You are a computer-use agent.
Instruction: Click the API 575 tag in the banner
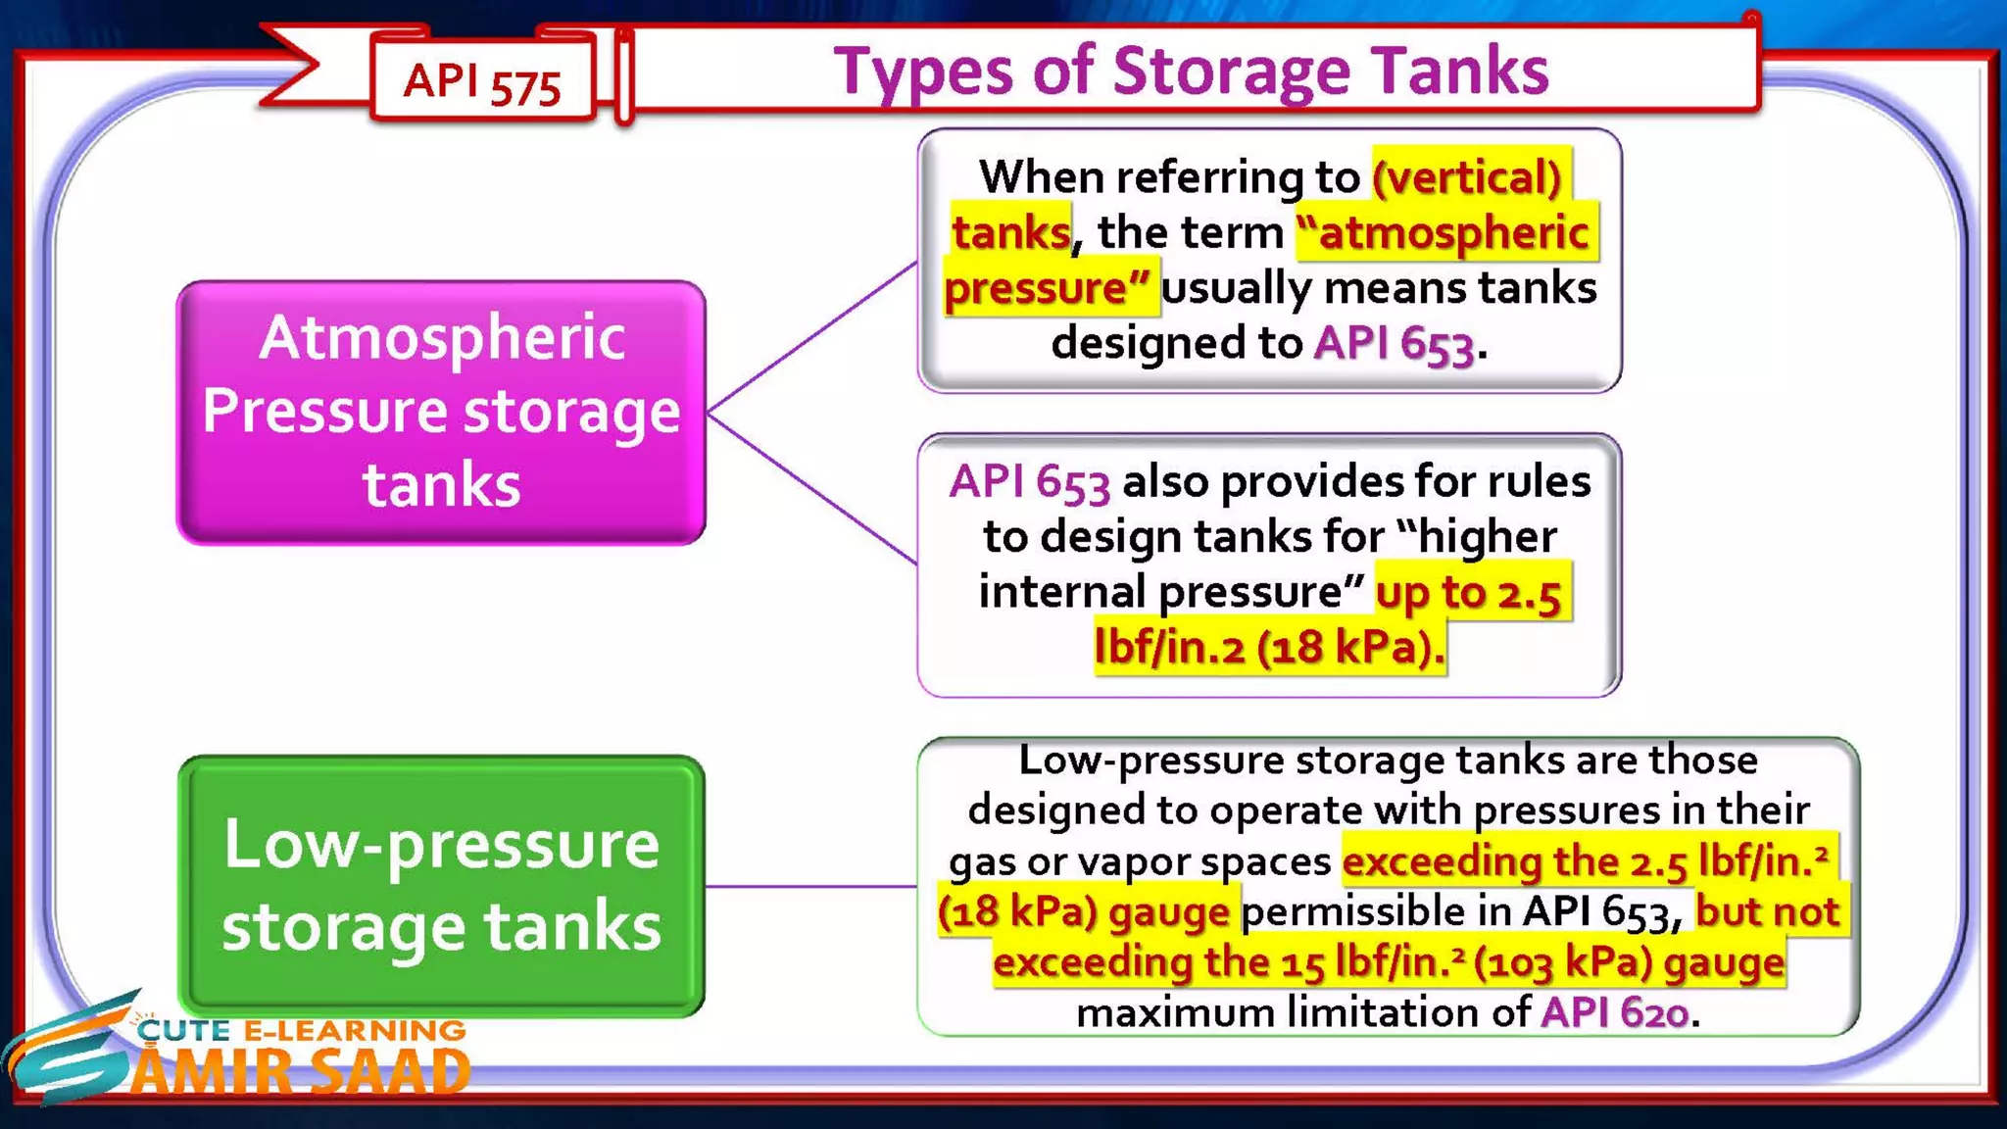click(481, 82)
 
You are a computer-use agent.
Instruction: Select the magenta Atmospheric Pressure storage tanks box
click(441, 412)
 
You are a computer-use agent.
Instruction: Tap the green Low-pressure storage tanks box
click(441, 885)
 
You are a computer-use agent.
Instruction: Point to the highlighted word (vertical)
click(1467, 177)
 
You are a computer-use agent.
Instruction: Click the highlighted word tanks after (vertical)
click(1010, 233)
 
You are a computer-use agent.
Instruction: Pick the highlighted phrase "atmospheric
click(1444, 233)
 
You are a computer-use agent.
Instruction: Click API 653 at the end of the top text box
click(1394, 344)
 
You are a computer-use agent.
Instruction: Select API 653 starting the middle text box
click(1029, 482)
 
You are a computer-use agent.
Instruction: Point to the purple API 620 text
click(1615, 1012)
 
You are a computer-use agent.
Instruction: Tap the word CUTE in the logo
click(183, 1030)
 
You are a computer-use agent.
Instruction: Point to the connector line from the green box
click(810, 886)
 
